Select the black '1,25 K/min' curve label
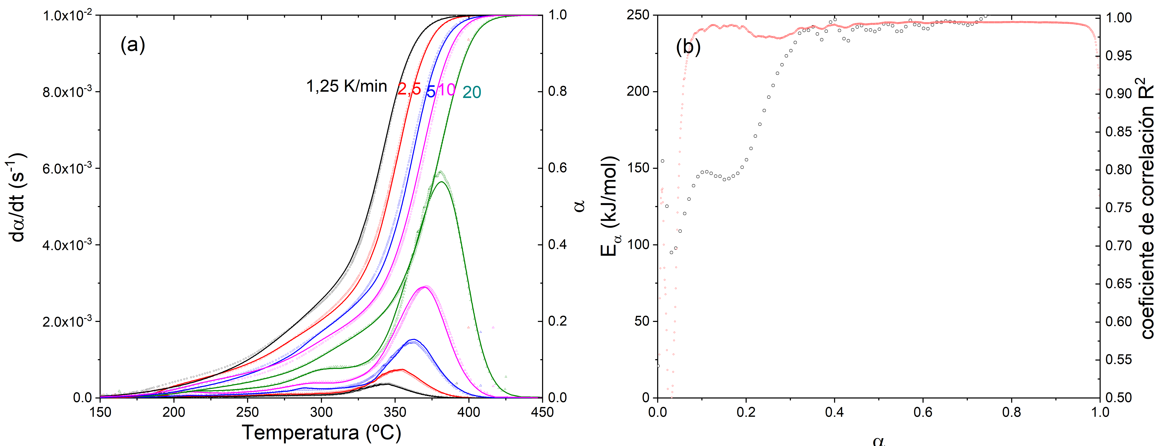(x=347, y=86)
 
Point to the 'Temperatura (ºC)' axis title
(x=321, y=432)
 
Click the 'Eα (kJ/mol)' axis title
(x=610, y=206)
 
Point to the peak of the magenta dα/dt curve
(x=425, y=287)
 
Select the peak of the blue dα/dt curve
(x=413, y=340)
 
